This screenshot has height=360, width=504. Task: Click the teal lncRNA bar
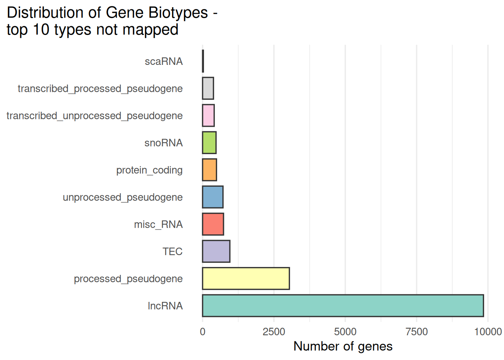(343, 306)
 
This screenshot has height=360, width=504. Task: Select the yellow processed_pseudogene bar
(246, 279)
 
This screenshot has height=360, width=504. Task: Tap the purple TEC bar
(216, 251)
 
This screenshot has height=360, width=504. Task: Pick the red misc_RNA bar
(213, 224)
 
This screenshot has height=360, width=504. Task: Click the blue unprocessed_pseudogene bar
(213, 197)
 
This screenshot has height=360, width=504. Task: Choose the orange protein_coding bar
(210, 170)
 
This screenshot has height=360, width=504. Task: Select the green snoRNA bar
(209, 142)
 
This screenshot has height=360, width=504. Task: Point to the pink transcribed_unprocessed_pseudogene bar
(208, 115)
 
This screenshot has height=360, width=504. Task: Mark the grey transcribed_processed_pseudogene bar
(208, 88)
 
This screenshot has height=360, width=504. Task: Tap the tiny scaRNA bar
(203, 61)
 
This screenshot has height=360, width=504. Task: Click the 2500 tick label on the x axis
(274, 331)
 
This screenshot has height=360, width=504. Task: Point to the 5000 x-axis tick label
(345, 331)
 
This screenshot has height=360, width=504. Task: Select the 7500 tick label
(417, 331)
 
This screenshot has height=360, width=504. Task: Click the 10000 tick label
(487, 331)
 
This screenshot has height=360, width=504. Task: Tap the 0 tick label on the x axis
(202, 331)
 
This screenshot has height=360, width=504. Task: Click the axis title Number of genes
(343, 346)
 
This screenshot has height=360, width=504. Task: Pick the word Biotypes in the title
(178, 13)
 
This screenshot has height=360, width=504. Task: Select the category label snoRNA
(163, 143)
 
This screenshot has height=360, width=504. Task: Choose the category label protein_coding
(149, 170)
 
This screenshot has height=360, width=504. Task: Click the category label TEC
(172, 252)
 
